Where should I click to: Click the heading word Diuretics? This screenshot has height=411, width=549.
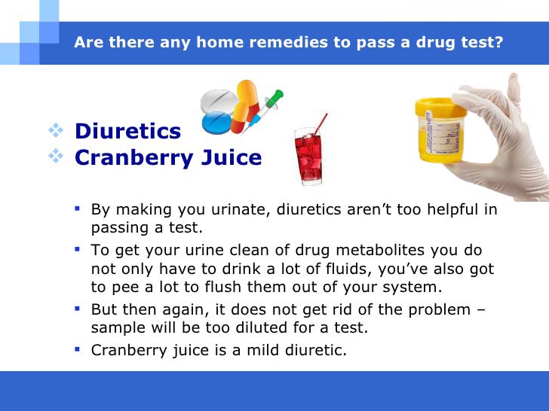127,131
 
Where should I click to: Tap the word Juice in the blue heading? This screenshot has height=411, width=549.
232,157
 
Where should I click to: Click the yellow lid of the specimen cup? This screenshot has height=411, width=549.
440,107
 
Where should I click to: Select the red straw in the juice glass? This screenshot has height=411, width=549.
321,125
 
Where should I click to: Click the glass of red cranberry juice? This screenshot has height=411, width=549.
309,157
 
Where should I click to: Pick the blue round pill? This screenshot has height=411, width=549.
217,122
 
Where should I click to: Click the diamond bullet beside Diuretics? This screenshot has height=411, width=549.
56,130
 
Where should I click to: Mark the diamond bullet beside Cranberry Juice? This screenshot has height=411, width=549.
56,156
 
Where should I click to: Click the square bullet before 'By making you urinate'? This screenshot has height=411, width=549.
78,209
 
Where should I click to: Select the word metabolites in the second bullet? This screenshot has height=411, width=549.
379,250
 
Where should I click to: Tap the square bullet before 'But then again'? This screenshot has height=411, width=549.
78,309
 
